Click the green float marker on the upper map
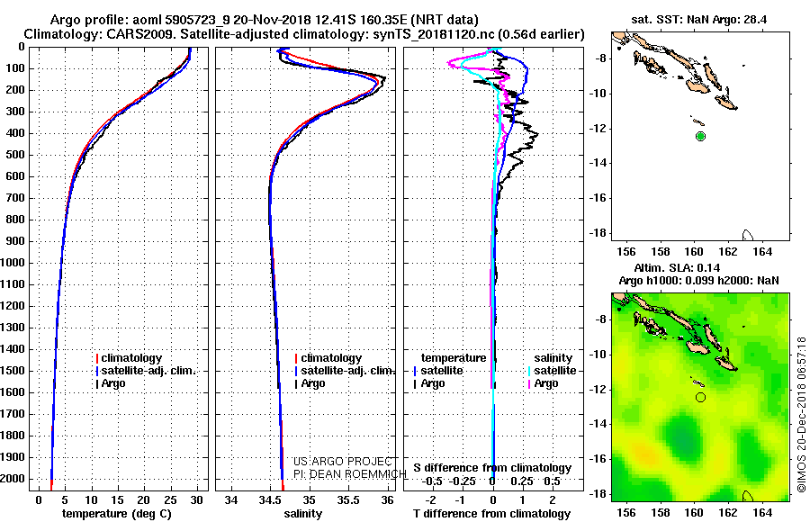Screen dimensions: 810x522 coord(700,137)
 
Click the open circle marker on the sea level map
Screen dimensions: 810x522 coord(700,397)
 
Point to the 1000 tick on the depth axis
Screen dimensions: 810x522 coord(13,263)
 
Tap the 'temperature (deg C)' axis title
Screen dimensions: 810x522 coord(117,514)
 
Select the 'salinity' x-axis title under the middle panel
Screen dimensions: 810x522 coord(303,514)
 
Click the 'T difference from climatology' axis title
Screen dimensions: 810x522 coord(491,514)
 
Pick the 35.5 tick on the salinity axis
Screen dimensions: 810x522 coord(348,500)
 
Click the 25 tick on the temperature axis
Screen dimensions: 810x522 coord(170,500)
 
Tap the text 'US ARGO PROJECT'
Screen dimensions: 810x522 coord(343,462)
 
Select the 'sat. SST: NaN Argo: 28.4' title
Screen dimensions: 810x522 coord(699,20)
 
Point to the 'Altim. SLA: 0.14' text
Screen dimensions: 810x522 coord(677,267)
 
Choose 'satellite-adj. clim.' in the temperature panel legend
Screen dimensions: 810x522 coord(148,371)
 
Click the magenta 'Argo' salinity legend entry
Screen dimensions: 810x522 coord(546,383)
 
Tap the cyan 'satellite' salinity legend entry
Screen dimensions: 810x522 coord(554,371)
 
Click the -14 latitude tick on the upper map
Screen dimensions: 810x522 coord(598,163)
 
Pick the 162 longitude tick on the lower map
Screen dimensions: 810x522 coord(728,512)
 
